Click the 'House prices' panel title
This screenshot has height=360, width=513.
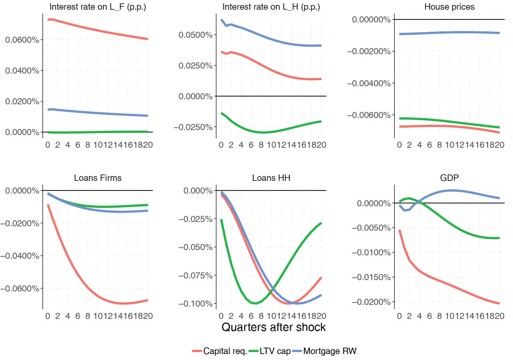pyautogui.click(x=449, y=7)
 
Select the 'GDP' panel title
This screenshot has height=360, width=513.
pyautogui.click(x=449, y=178)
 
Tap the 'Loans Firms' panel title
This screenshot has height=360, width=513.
pyautogui.click(x=98, y=178)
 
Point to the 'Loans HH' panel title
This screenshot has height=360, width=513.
pyautogui.click(x=271, y=178)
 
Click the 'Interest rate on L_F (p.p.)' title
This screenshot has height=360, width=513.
pyautogui.click(x=98, y=7)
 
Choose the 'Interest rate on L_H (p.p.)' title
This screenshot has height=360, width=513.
pyautogui.click(x=271, y=7)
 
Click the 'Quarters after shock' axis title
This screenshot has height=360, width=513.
pyautogui.click(x=273, y=327)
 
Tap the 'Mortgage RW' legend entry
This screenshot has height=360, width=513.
pyautogui.click(x=330, y=351)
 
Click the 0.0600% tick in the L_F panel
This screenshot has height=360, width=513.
pyautogui.click(x=22, y=40)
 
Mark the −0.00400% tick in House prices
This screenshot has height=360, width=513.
pyautogui.click(x=369, y=83)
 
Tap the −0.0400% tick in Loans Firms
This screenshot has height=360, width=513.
pyautogui.click(x=19, y=256)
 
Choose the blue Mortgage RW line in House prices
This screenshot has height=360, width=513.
pyautogui.click(x=450, y=32)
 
